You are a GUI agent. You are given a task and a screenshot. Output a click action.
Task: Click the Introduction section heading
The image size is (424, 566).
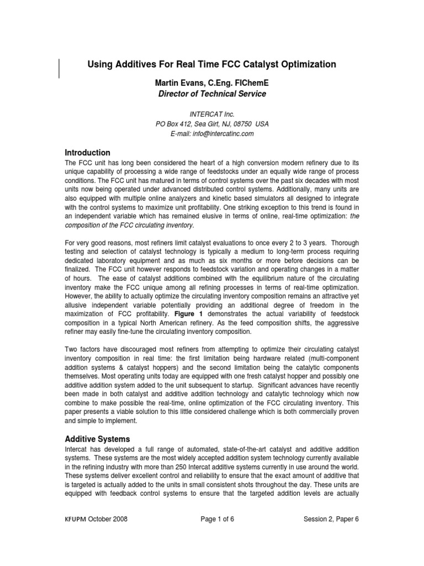click(88, 153)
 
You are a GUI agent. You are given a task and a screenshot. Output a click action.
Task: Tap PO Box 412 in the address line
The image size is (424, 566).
click(172, 124)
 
